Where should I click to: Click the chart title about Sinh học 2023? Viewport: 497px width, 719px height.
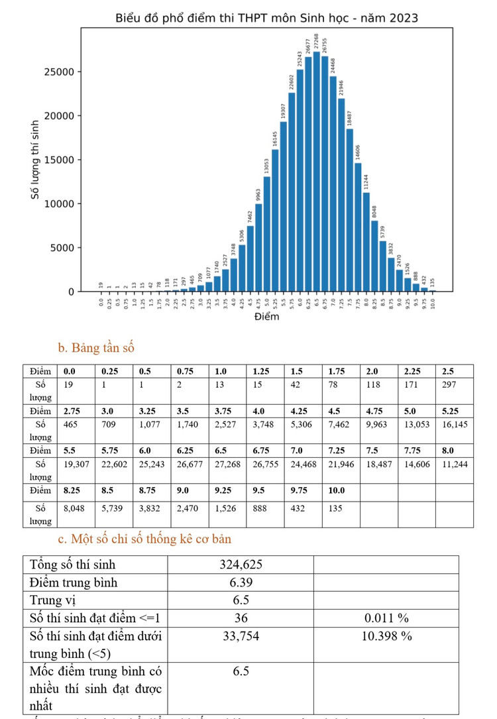(x=266, y=18)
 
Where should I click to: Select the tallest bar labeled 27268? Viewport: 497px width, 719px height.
(x=317, y=172)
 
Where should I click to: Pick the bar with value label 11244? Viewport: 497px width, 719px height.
(x=366, y=242)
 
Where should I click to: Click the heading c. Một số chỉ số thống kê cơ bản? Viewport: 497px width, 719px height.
(x=144, y=539)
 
